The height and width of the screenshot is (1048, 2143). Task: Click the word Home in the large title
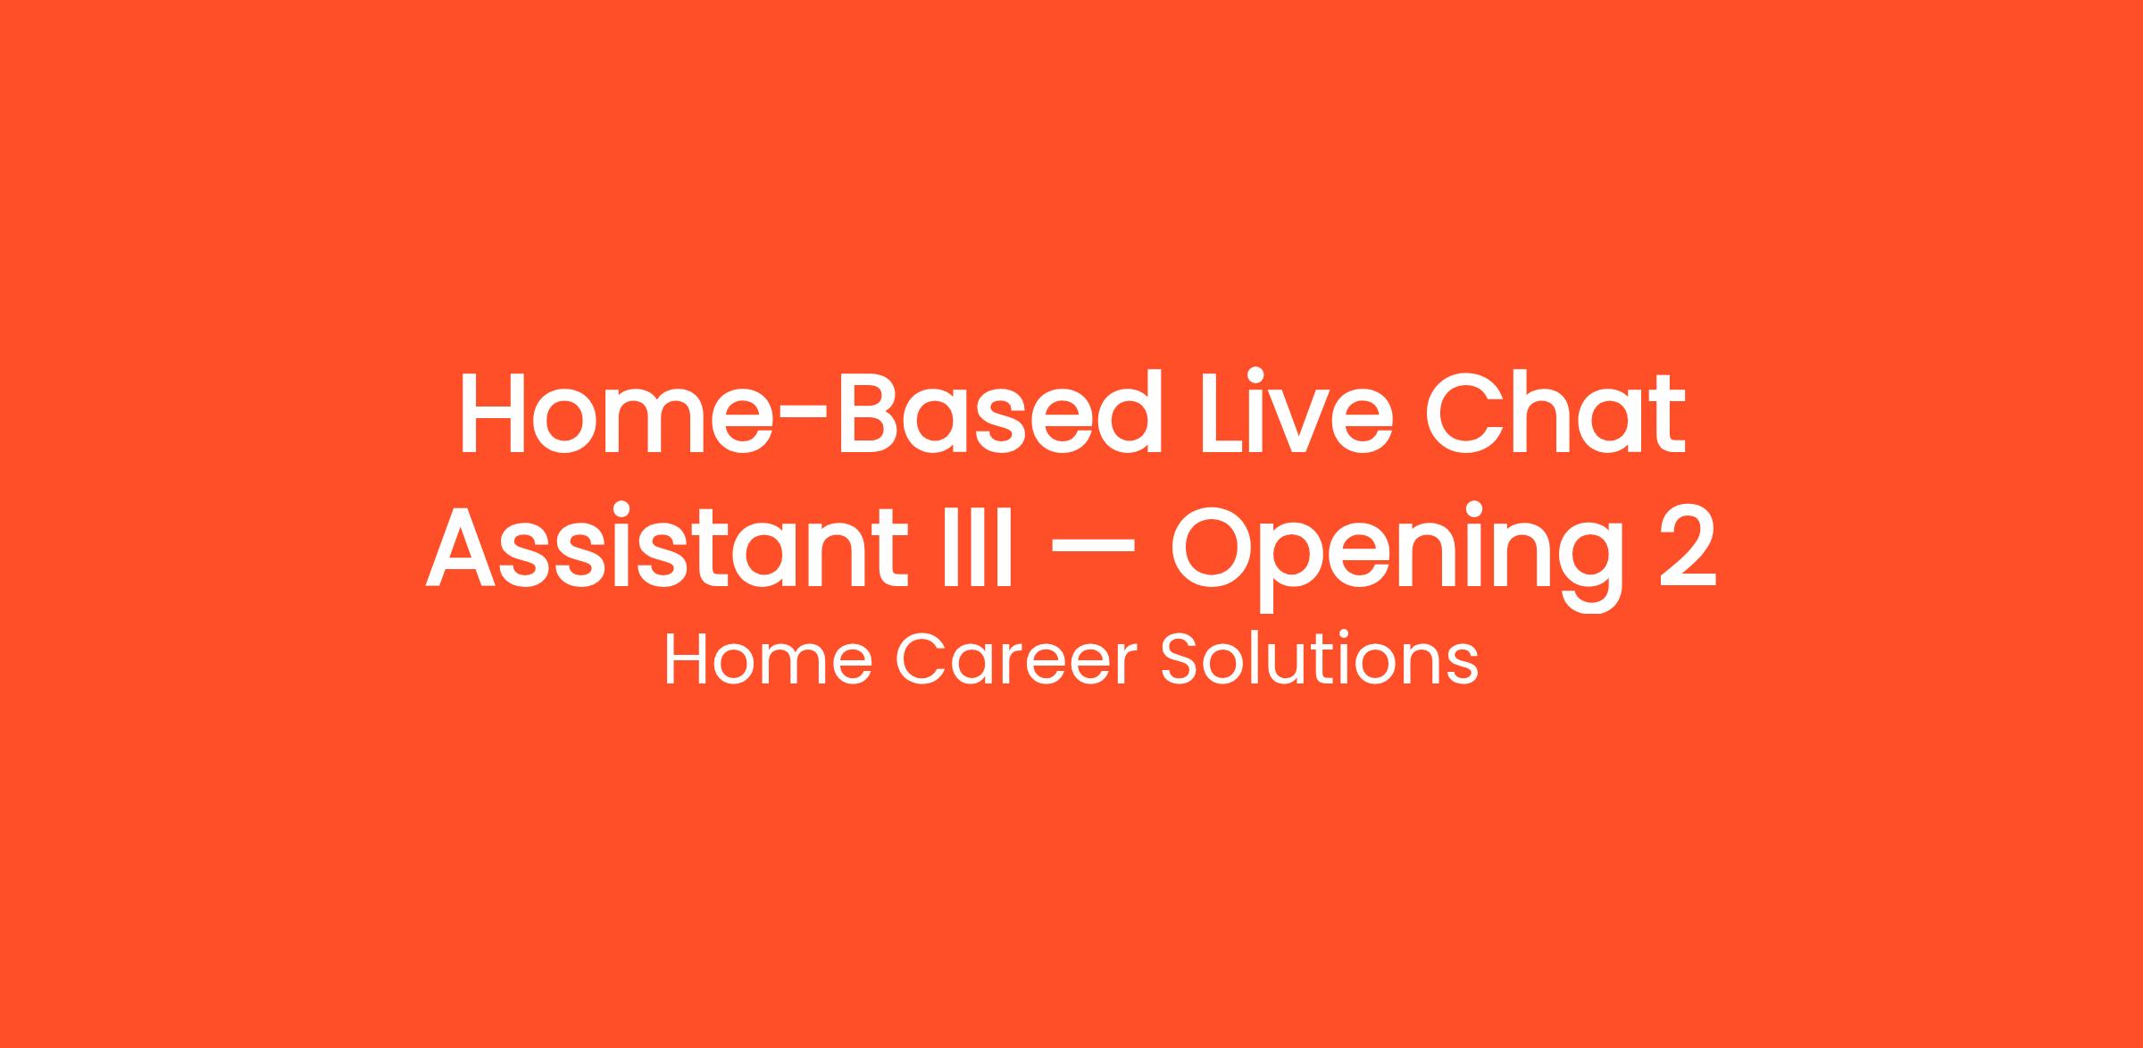(x=615, y=413)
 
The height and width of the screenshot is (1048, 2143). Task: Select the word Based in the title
(x=998, y=413)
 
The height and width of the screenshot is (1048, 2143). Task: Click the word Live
(x=1294, y=413)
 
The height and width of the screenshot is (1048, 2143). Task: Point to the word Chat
(x=1555, y=413)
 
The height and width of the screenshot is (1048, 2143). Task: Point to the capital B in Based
(x=868, y=413)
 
